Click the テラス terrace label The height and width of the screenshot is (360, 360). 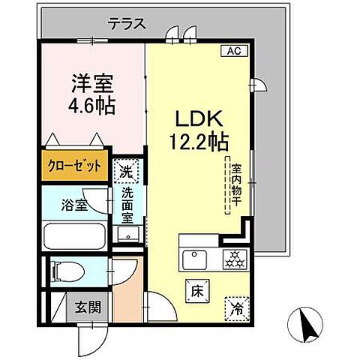pos(126,24)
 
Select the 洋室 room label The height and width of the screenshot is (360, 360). pos(91,82)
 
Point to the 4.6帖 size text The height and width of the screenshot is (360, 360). pos(91,105)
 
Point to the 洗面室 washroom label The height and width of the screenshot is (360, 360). pos(128,203)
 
